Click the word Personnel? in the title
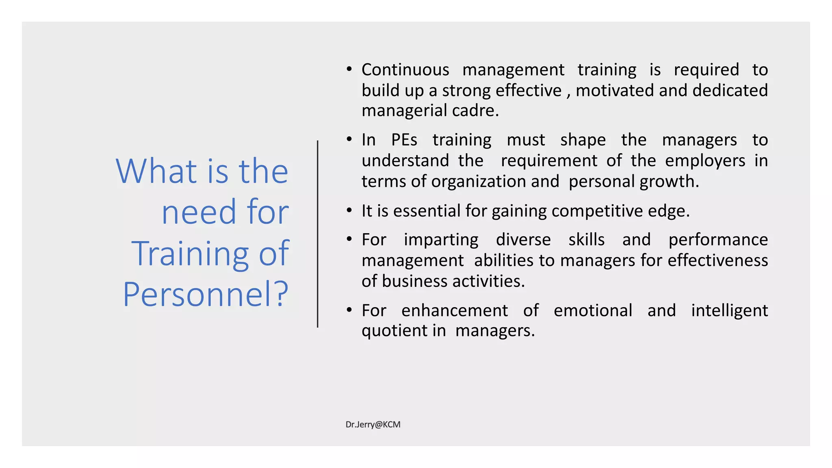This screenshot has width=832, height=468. pos(206,294)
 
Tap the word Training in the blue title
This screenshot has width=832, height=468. pos(190,253)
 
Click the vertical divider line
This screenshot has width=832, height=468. pos(318,234)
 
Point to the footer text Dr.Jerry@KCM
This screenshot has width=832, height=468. pos(373,425)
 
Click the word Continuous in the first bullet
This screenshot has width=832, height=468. pos(405,70)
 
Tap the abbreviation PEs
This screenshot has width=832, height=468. pos(404,140)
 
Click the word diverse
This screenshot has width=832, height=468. pos(523,240)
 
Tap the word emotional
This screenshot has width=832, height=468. pos(593,311)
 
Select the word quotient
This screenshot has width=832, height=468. pos(394,331)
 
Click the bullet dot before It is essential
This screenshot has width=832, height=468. pos(349,210)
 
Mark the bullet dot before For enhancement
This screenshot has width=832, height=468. pos(349,310)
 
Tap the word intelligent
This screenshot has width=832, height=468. pos(729,311)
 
